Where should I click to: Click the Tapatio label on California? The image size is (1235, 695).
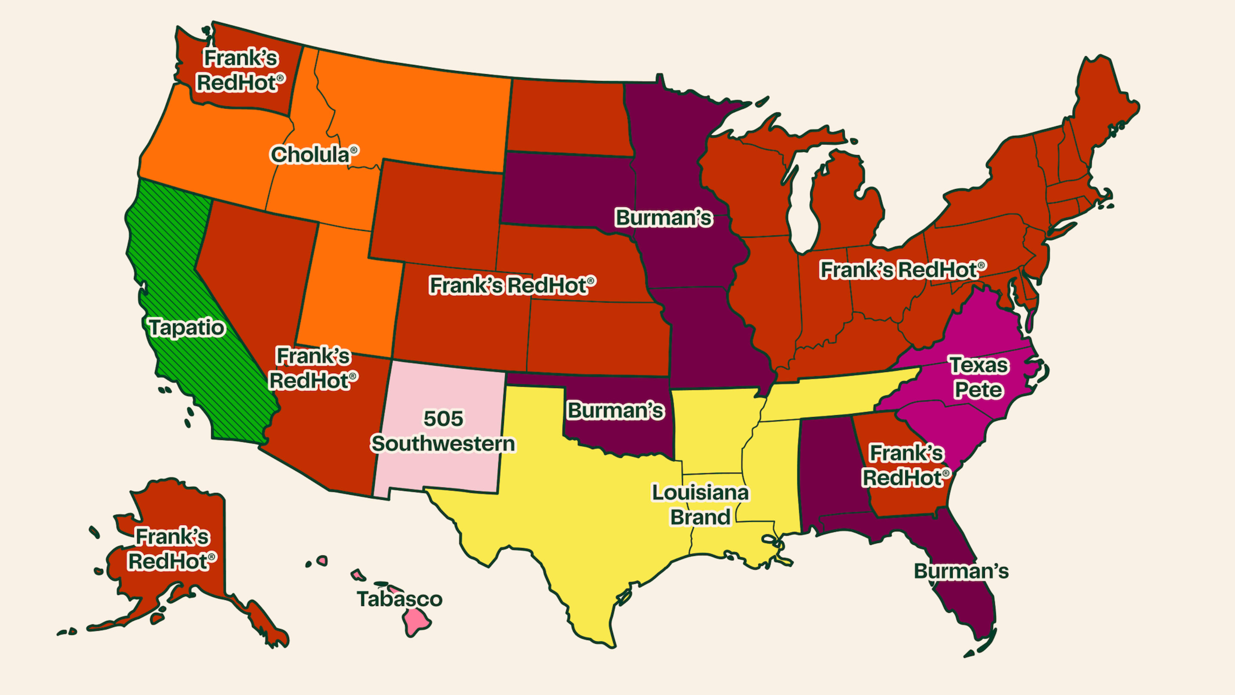(x=187, y=328)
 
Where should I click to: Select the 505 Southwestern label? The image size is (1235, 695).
(x=443, y=431)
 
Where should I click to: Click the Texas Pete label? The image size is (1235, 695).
(x=979, y=378)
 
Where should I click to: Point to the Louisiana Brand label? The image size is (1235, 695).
(x=700, y=505)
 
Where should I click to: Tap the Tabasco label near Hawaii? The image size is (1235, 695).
(x=399, y=599)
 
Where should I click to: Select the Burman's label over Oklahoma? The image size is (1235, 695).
(x=616, y=411)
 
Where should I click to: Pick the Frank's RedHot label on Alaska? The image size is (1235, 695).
(x=172, y=549)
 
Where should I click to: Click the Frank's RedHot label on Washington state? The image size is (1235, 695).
(x=241, y=70)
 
